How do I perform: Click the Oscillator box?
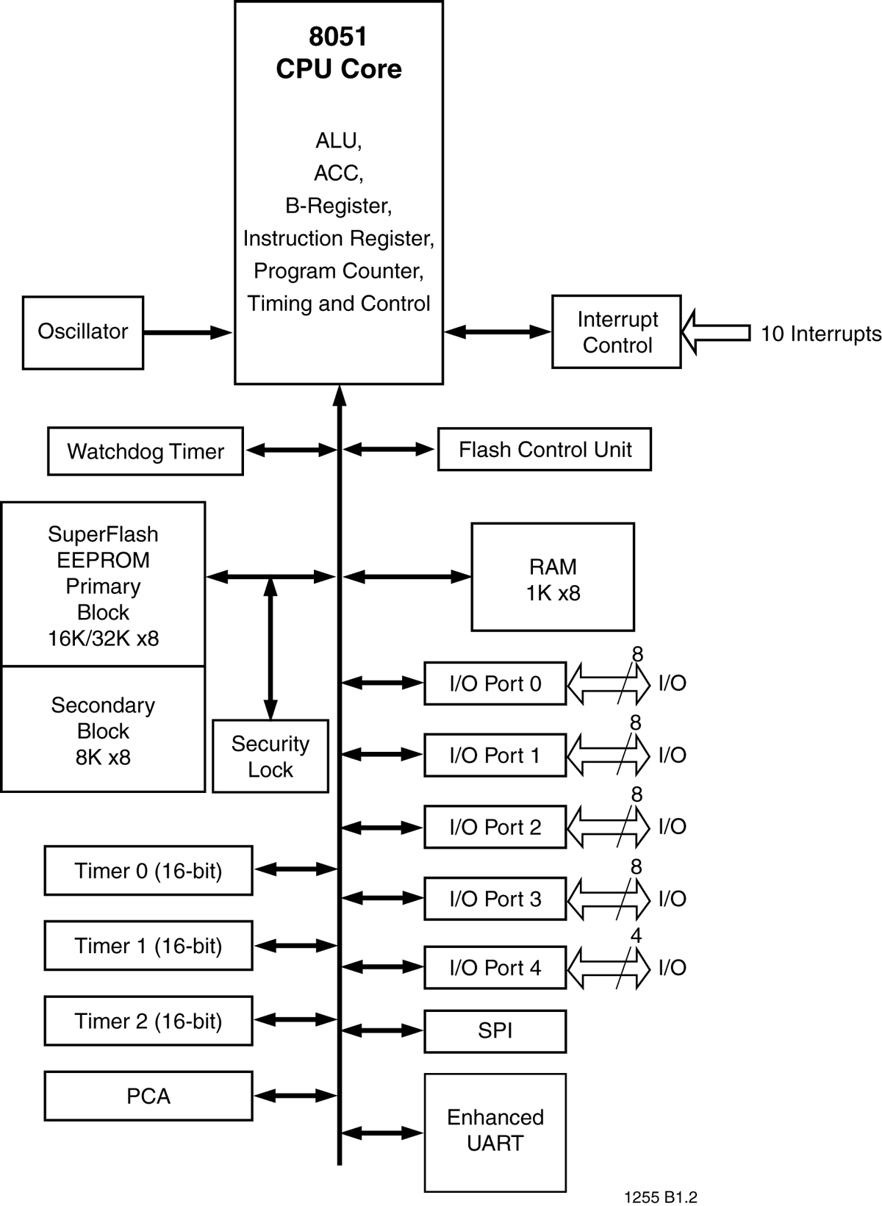83,332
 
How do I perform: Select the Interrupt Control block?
616,332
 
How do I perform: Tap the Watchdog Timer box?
146,451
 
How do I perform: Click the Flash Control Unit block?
545,449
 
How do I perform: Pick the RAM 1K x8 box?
553,578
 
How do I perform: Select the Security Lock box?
270,756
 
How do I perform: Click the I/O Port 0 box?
495,683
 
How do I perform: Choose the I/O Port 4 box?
495,968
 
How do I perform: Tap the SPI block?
495,1031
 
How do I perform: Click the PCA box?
148,1096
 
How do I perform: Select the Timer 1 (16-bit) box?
148,946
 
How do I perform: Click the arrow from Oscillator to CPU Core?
187,333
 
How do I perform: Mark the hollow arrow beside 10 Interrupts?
714,333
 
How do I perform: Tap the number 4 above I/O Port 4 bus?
636,936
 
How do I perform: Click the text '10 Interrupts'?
820,334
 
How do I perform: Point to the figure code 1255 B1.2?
660,1197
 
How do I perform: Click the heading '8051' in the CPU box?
338,37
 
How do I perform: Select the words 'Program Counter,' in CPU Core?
338,271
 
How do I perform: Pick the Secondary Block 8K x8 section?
103,731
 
